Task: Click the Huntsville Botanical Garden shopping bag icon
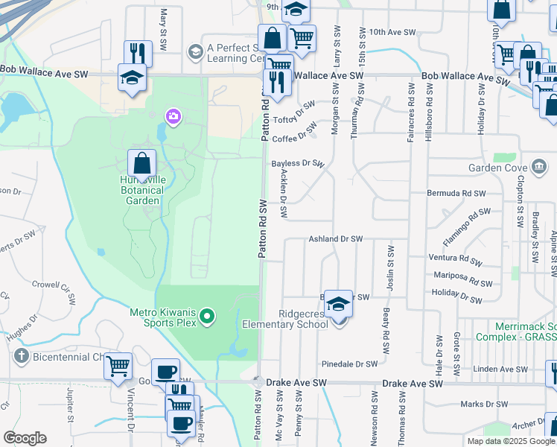(141, 164)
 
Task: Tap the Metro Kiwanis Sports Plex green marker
(209, 317)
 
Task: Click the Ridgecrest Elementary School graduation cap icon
(338, 304)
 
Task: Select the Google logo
(25, 438)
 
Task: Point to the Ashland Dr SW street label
(335, 239)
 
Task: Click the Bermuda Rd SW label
(456, 193)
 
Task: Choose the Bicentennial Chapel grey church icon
(19, 357)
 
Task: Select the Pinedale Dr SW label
(350, 365)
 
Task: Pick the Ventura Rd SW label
(458, 259)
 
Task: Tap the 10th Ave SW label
(389, 32)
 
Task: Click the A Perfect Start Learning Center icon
(196, 51)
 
